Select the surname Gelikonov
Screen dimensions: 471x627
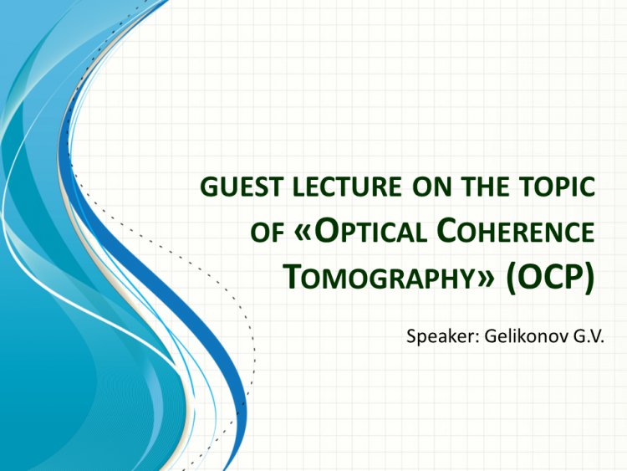coord(514,337)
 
